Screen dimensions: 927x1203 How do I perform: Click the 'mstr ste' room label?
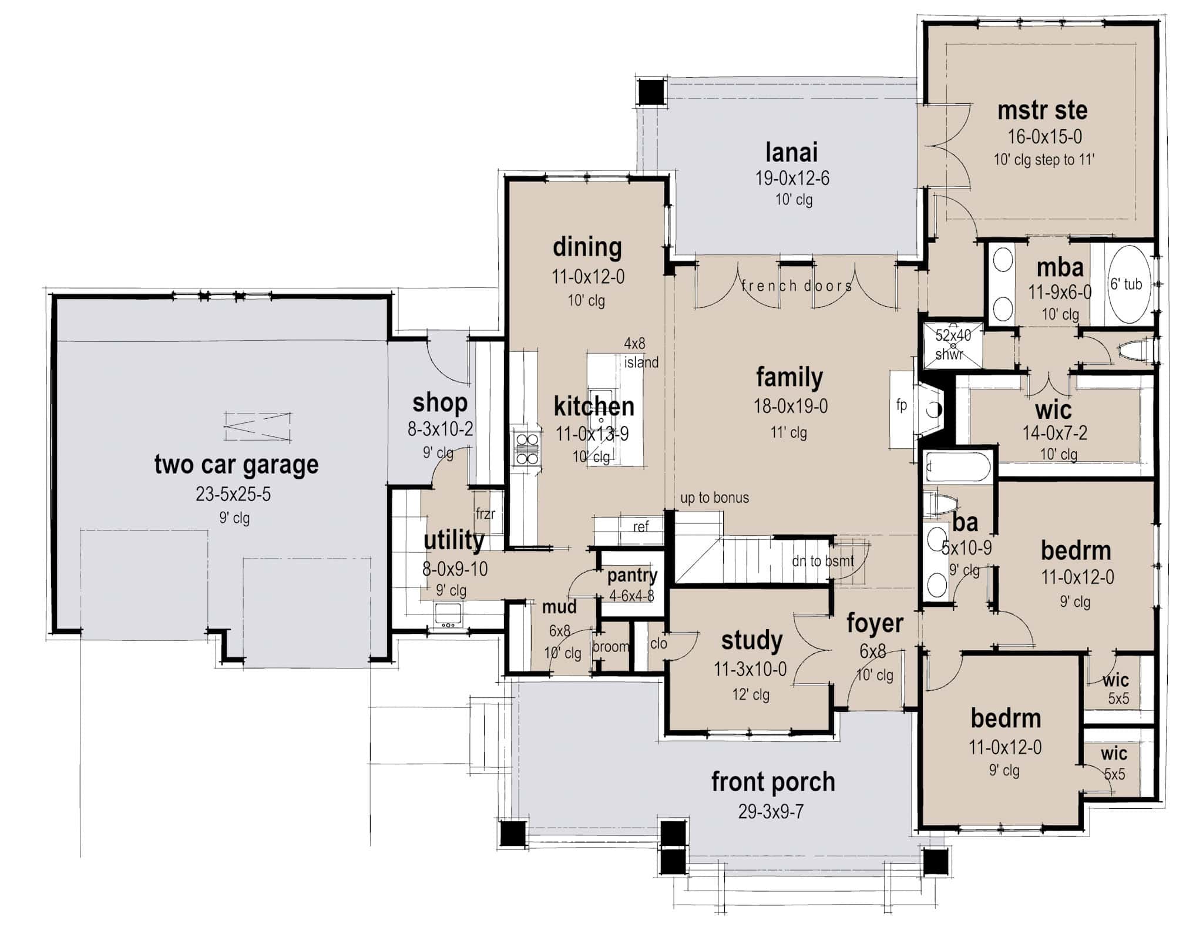(1042, 110)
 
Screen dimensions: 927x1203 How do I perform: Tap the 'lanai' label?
(791, 153)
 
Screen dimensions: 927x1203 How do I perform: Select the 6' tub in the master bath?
(1126, 284)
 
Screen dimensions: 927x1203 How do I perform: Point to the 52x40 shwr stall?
(952, 344)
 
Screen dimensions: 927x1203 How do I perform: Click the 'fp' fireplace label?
(901, 405)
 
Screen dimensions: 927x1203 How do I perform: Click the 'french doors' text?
(797, 286)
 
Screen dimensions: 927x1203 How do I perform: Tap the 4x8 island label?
(641, 353)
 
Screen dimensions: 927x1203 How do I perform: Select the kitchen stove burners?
(527, 449)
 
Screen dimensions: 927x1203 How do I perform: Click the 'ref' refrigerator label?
(641, 526)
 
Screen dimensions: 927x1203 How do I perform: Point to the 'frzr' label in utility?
(485, 514)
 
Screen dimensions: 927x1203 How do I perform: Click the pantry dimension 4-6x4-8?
(631, 596)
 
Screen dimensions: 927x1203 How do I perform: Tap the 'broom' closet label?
(611, 647)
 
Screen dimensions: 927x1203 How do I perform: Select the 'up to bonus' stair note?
(714, 498)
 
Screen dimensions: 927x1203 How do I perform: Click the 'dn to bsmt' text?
(822, 561)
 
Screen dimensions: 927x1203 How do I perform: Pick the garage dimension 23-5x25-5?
(233, 494)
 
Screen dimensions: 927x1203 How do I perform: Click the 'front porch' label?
(773, 782)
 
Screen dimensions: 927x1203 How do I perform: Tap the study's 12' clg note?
(750, 694)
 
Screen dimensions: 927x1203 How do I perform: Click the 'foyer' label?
(875, 624)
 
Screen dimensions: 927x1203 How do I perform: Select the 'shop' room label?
(440, 403)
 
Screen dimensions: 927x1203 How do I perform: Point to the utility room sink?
(448, 614)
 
